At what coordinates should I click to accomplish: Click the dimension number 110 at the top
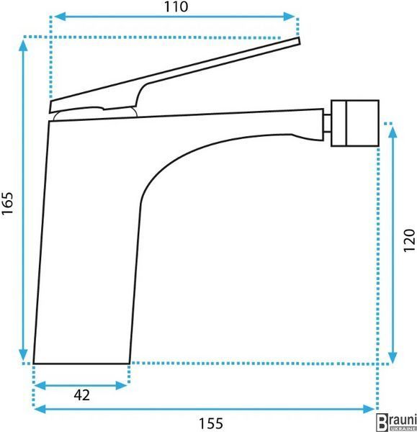(x=176, y=7)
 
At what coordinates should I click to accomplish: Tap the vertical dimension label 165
(x=7, y=203)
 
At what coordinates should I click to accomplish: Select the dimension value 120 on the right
(x=409, y=240)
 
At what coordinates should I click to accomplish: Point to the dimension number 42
(x=82, y=395)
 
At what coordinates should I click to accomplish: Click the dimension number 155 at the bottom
(x=211, y=423)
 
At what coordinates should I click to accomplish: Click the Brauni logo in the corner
(x=396, y=422)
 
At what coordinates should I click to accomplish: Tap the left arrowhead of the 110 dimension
(x=60, y=17)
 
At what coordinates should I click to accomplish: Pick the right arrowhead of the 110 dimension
(x=289, y=17)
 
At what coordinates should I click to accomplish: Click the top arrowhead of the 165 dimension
(x=24, y=45)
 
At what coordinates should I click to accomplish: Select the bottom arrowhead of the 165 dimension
(x=24, y=354)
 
